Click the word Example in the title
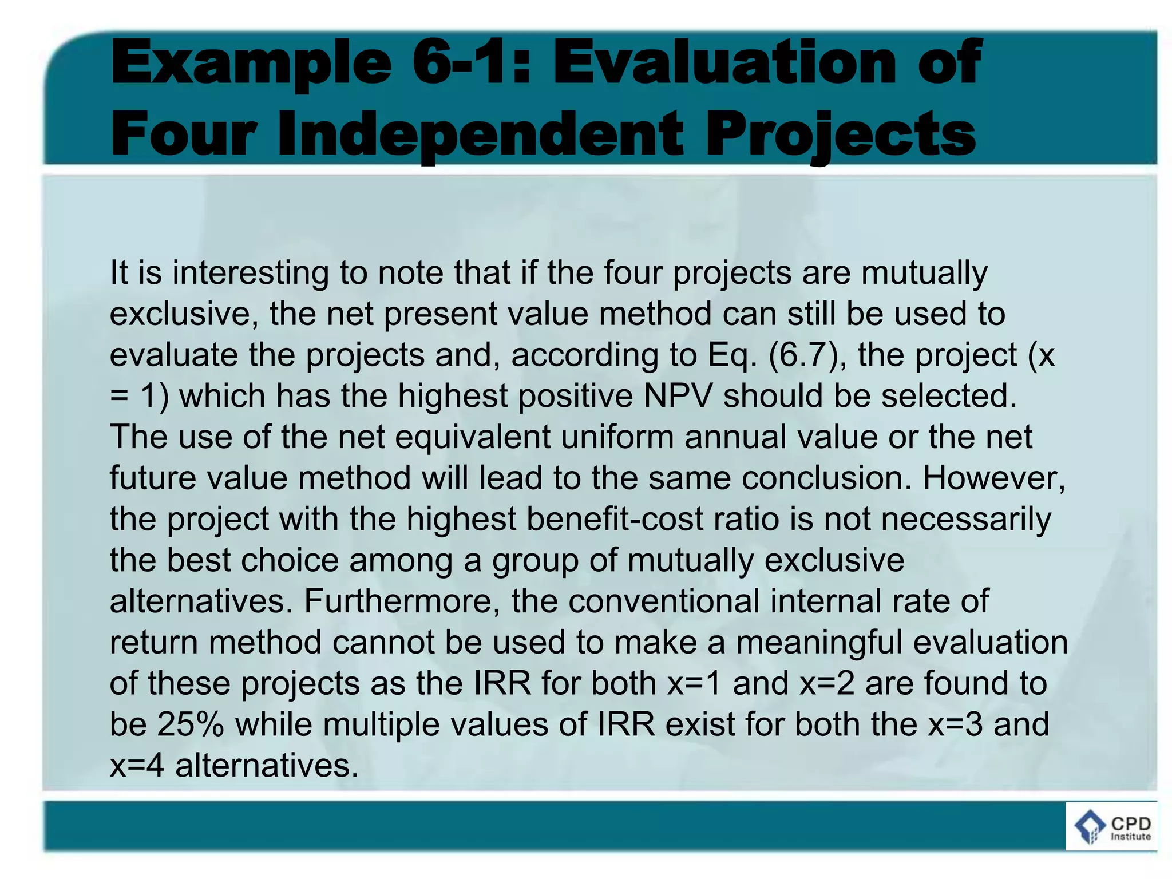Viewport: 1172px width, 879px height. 251,64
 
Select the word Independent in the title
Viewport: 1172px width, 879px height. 480,134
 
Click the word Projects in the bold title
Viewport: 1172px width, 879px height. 840,134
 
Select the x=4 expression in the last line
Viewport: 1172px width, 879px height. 137,765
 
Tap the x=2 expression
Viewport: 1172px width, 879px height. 827,683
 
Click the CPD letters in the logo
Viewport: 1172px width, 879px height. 1130,824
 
